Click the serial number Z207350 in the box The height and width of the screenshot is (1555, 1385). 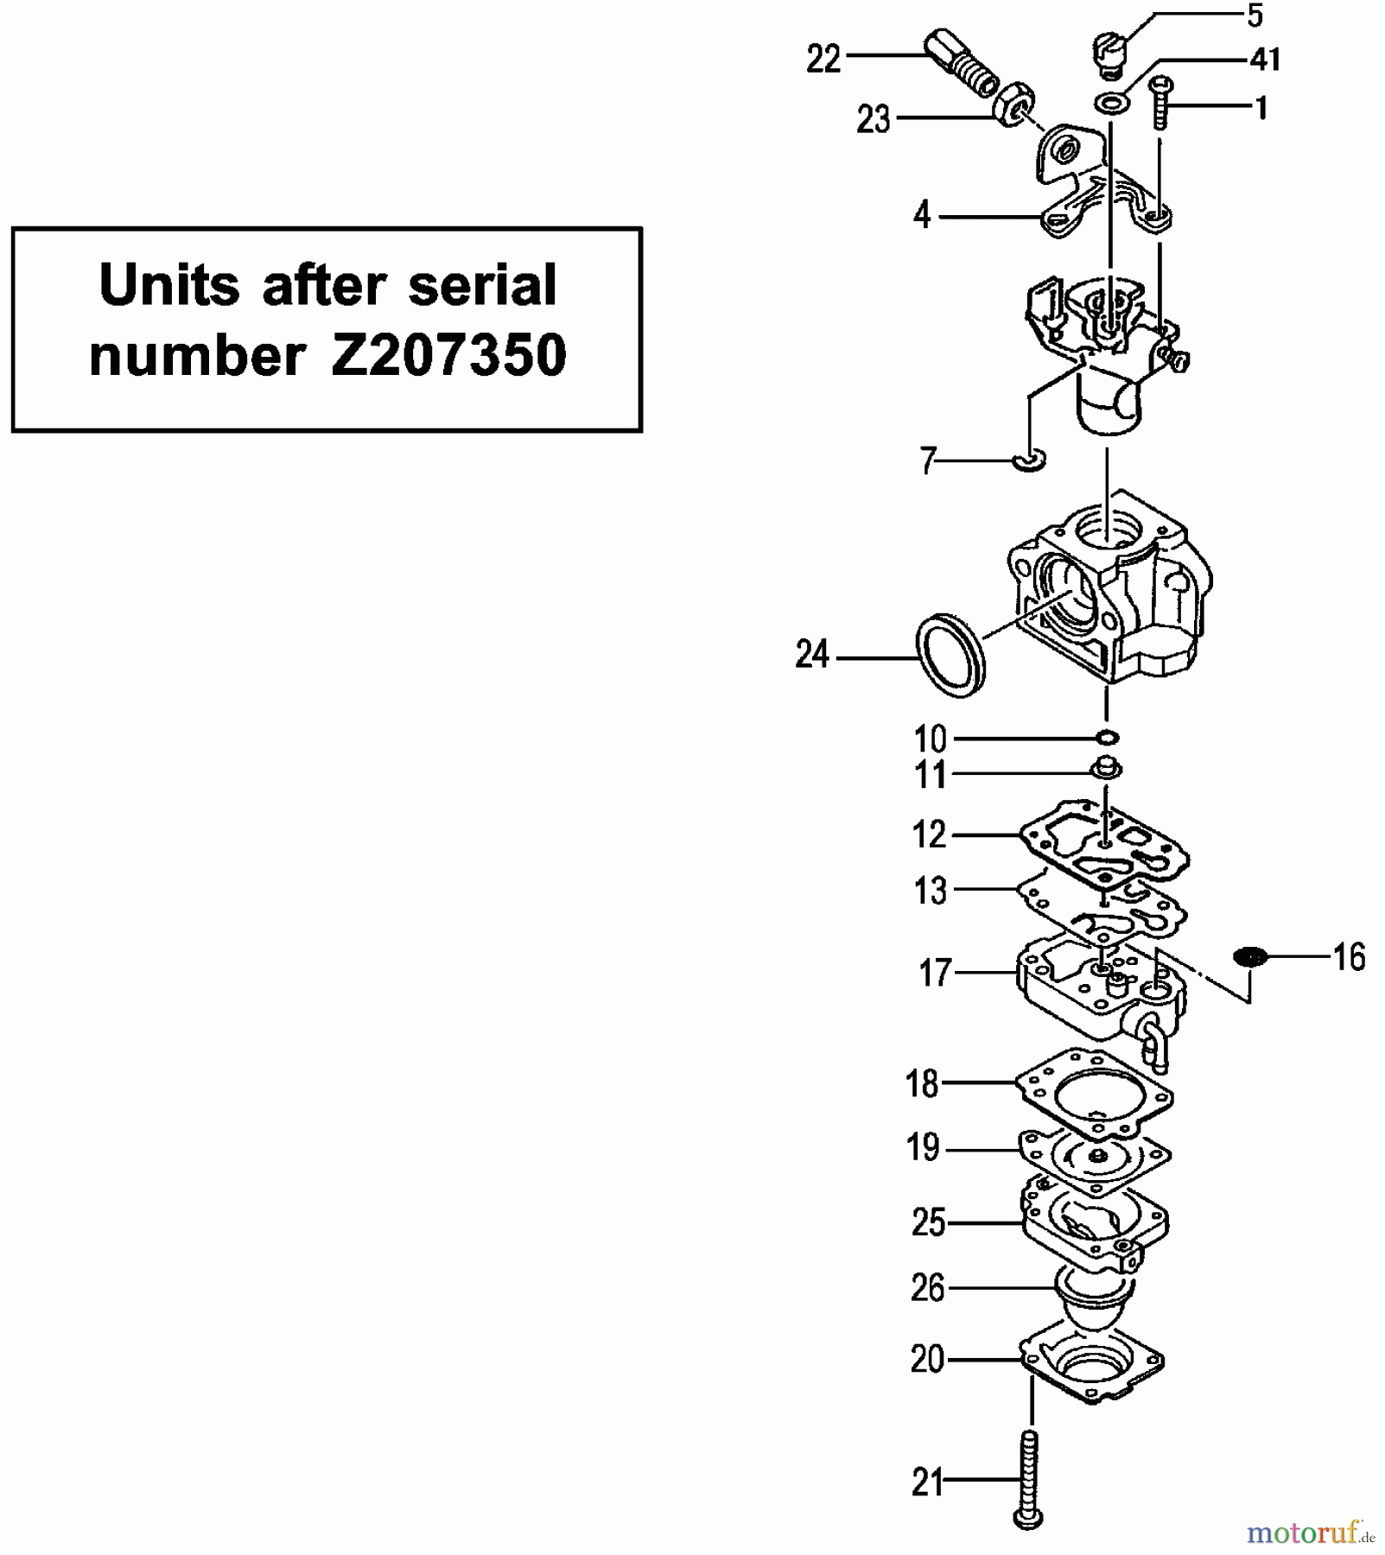click(x=448, y=355)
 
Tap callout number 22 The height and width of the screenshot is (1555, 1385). click(x=823, y=60)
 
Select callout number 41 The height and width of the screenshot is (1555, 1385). click(x=1265, y=60)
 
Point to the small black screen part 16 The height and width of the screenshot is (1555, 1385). click(x=1249, y=956)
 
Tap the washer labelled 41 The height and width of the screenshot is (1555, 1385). click(x=1113, y=103)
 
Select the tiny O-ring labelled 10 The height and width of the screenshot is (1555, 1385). click(x=1107, y=738)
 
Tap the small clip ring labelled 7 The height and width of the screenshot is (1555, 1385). click(x=1029, y=460)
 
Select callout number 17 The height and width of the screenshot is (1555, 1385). click(x=935, y=974)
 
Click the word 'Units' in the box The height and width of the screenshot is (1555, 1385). click(x=169, y=284)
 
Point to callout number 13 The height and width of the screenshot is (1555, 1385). click(x=931, y=890)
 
